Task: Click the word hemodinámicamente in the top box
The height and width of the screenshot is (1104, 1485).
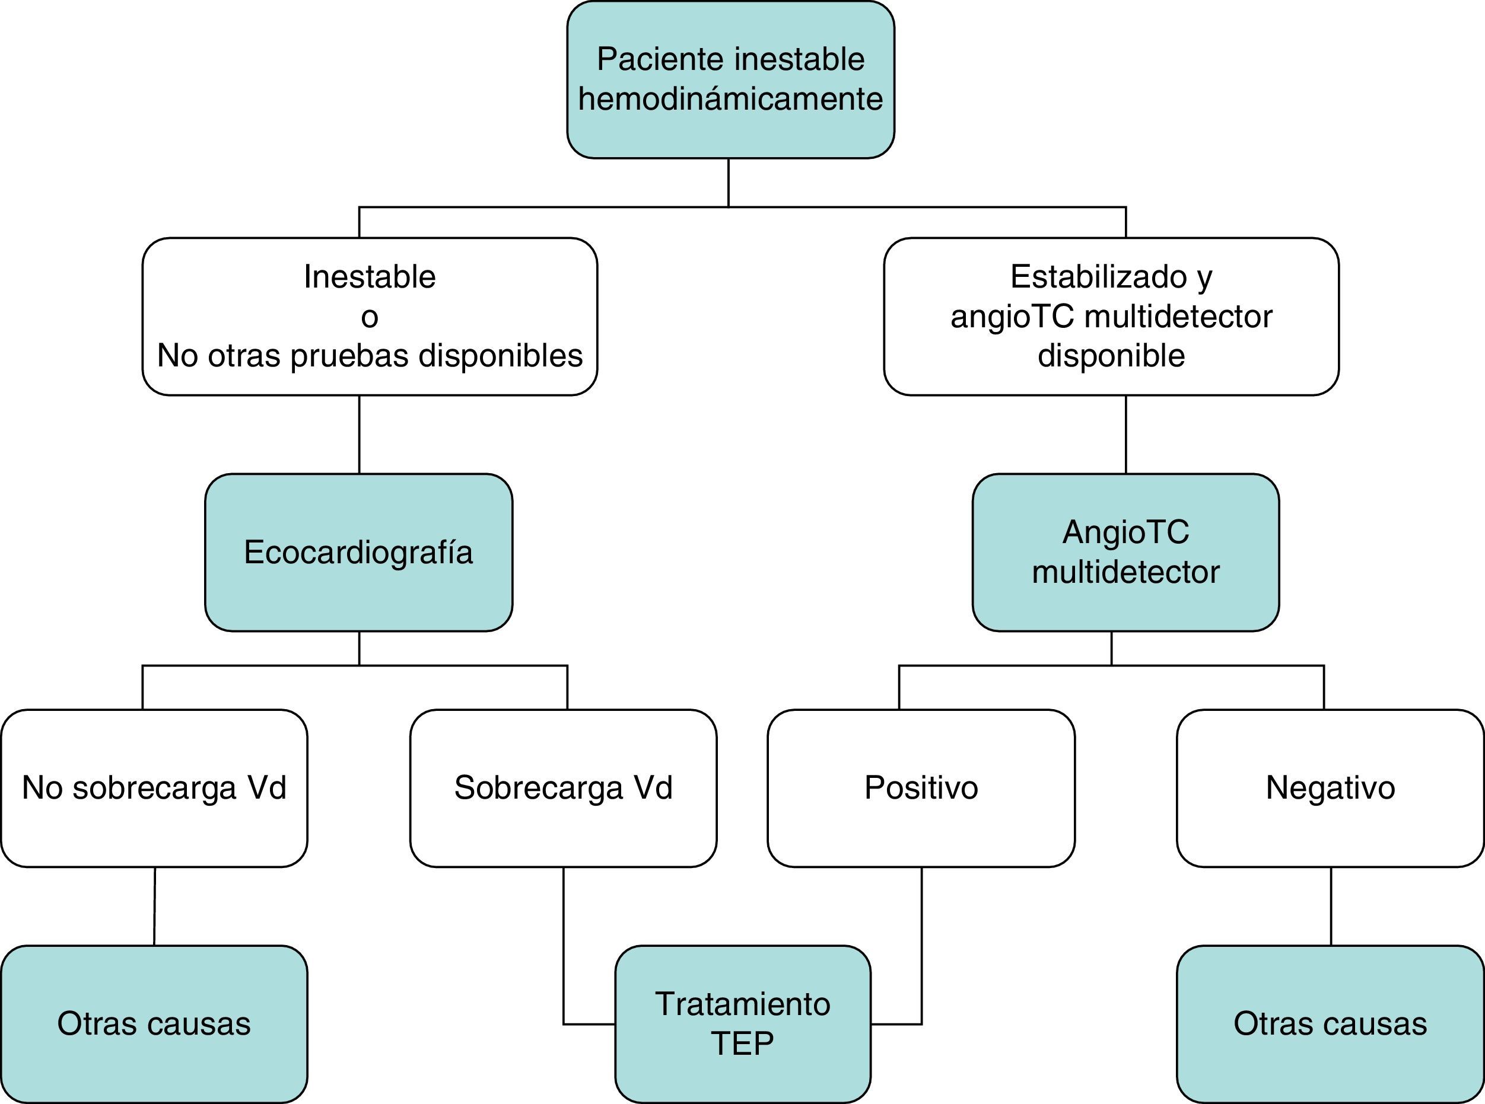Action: pyautogui.click(x=730, y=100)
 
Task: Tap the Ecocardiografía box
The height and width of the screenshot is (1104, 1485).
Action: pyautogui.click(x=358, y=553)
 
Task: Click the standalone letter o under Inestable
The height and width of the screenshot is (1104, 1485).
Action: pyautogui.click(x=369, y=317)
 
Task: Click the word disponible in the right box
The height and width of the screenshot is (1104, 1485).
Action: pyautogui.click(x=1111, y=356)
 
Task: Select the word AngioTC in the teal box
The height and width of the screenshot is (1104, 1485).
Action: pyautogui.click(x=1126, y=532)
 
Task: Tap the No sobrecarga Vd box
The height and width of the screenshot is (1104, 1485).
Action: pyautogui.click(x=154, y=788)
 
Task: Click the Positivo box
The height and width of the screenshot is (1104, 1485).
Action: pyautogui.click(x=921, y=788)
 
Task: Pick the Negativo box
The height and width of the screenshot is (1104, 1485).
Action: pyautogui.click(x=1330, y=788)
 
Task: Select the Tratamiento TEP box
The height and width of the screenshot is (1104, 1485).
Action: pyautogui.click(x=742, y=1023)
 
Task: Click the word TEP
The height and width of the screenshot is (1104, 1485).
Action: pyautogui.click(x=742, y=1043)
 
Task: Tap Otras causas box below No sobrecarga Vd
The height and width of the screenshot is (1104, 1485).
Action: pyautogui.click(x=154, y=1024)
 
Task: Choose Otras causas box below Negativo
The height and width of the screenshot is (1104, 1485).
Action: pyautogui.click(x=1330, y=1024)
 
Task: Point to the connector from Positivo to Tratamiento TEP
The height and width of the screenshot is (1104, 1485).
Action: pyautogui.click(x=921, y=949)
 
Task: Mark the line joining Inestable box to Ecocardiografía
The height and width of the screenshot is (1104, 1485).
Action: pyautogui.click(x=359, y=435)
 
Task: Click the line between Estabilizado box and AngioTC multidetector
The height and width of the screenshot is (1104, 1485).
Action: pyautogui.click(x=1126, y=435)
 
